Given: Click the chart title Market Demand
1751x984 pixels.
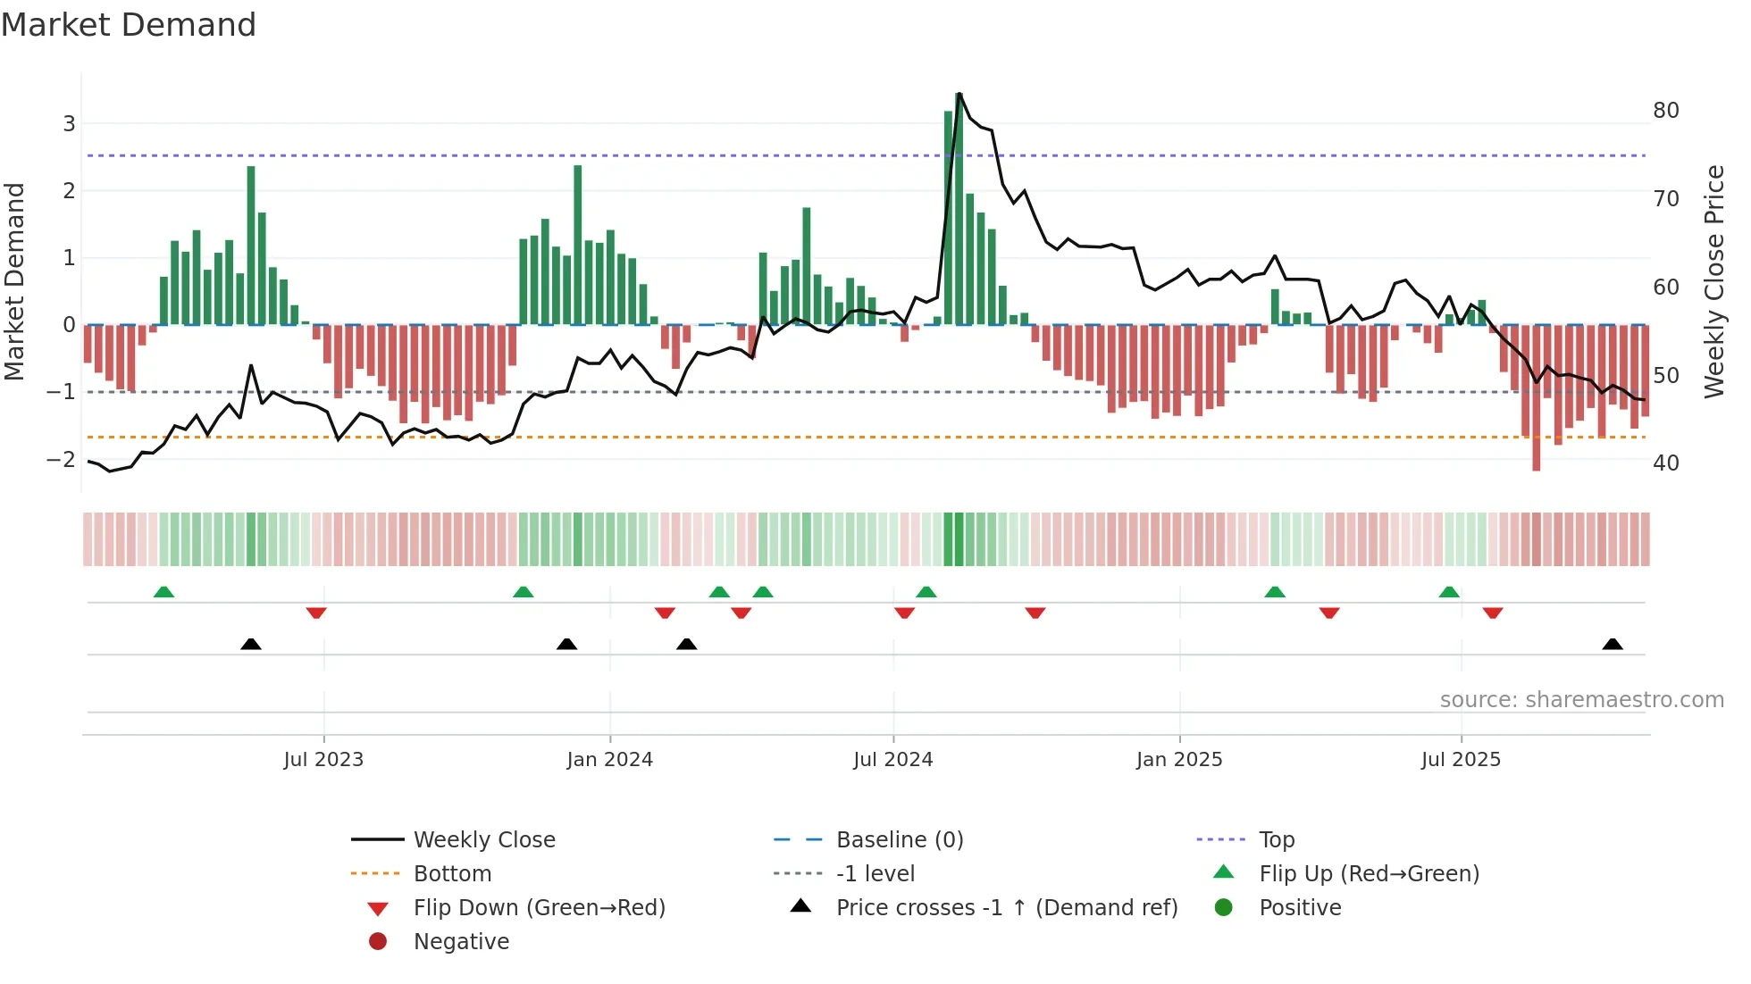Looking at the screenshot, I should [129, 25].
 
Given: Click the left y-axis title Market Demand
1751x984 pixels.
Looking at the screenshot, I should [15, 281].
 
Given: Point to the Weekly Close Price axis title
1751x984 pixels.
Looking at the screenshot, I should [1713, 281].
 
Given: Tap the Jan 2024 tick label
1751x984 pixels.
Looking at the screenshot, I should [609, 760].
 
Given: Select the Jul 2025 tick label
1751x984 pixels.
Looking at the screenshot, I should [1461, 760].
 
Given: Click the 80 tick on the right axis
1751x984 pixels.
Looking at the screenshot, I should [1665, 111].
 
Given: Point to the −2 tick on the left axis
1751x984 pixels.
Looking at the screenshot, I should [61, 459].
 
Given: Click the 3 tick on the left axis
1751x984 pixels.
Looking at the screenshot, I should [69, 123].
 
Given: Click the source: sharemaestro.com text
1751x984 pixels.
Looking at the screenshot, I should [1581, 700].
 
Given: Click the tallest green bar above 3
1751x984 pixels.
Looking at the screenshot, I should [959, 209].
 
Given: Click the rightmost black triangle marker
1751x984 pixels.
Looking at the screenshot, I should [1613, 645].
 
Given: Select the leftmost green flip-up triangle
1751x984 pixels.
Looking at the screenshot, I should [163, 592].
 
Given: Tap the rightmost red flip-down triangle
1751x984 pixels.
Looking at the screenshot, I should [1493, 613].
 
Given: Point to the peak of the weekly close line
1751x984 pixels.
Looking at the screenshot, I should [959, 94].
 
